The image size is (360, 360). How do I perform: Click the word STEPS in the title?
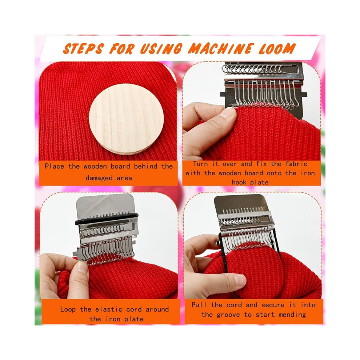pos(83,48)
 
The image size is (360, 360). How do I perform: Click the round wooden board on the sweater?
pos(126,119)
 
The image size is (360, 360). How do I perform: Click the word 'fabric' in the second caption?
pos(296,164)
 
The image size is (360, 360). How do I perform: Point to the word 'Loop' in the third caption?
pos(68,309)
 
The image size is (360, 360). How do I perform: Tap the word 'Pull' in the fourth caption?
pos(199,305)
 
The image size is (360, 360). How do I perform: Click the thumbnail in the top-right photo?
pos(231,113)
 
